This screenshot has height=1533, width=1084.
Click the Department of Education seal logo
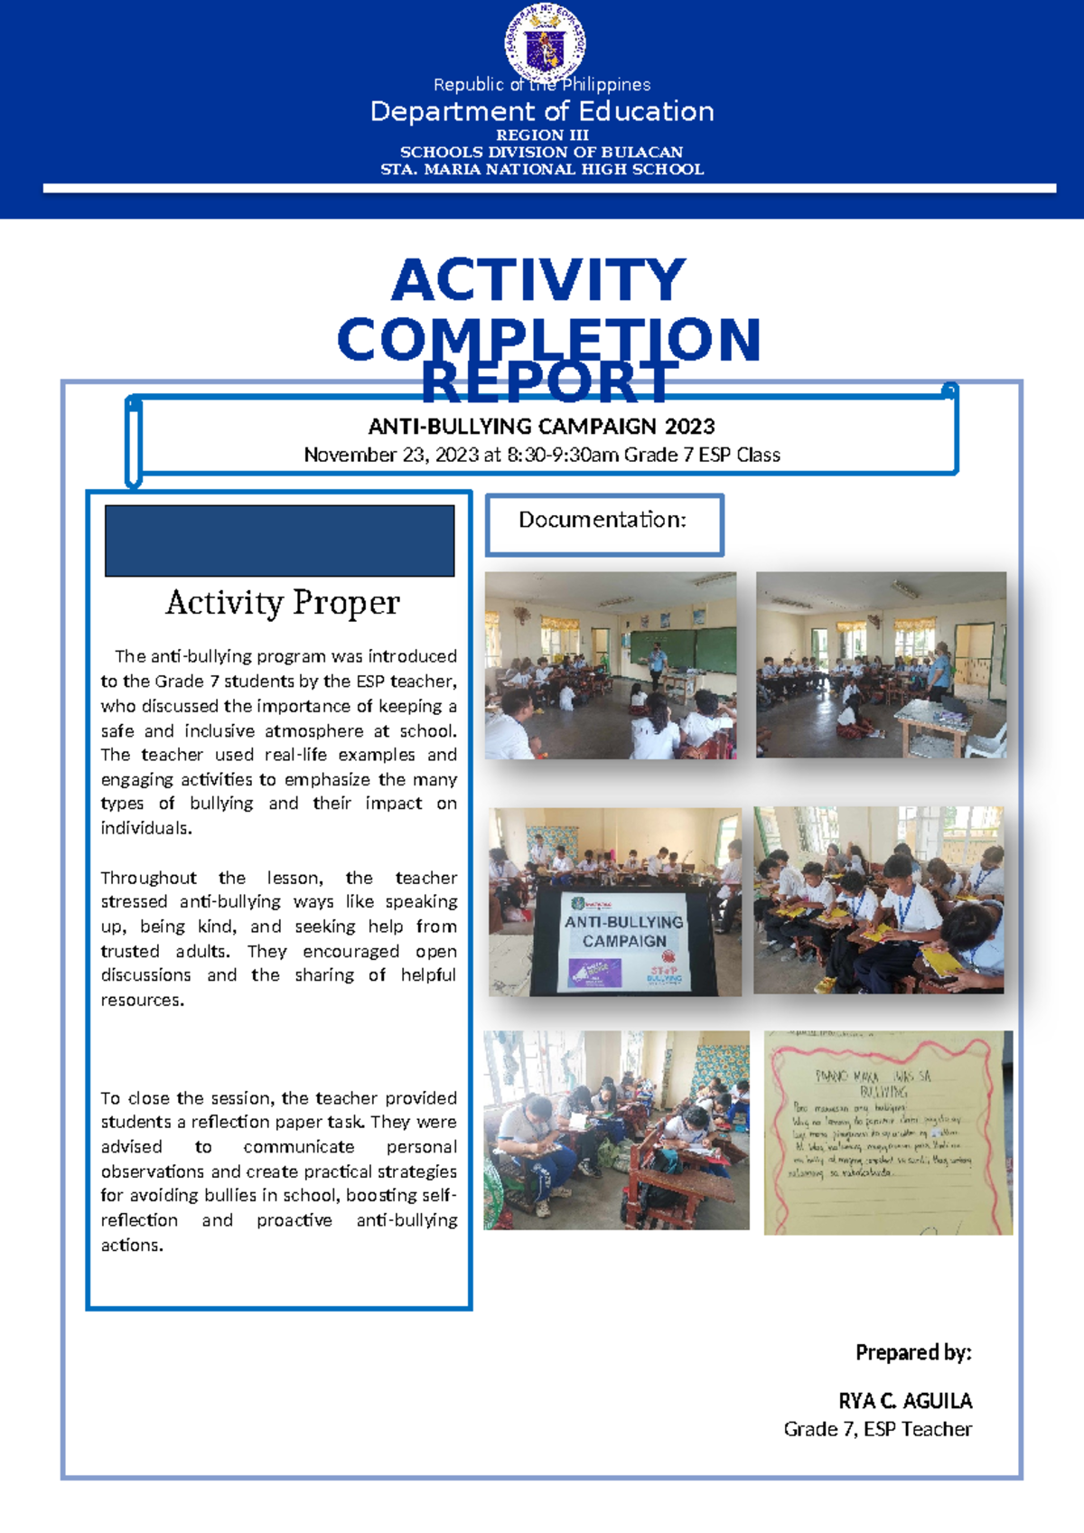544,42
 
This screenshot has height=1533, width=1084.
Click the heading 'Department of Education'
542,111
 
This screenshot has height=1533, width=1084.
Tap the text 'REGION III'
542,135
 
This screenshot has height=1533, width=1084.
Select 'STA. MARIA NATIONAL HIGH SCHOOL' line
542,169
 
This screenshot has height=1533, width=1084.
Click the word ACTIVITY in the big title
538,280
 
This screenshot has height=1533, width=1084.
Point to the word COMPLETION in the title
548,339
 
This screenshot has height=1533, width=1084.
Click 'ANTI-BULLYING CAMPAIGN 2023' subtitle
541,427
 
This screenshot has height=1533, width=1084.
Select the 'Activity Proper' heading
282,603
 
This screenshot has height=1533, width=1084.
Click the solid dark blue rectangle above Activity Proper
279,541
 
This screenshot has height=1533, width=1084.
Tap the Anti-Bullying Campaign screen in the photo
623,940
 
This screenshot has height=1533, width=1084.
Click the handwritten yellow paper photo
888,1133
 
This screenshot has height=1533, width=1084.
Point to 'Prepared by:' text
913,1352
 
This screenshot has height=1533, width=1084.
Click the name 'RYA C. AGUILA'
905,1401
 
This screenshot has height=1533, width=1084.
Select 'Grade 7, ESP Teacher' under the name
877,1429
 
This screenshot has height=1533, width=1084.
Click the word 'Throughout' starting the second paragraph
148,878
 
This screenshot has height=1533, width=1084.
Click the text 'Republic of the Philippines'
542,85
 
